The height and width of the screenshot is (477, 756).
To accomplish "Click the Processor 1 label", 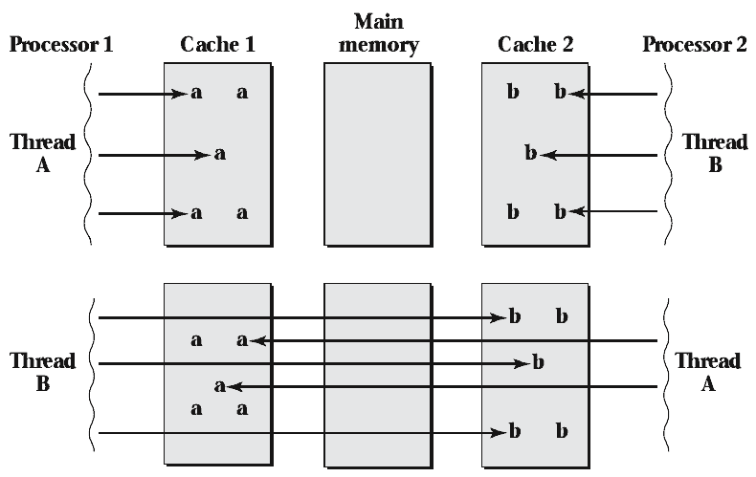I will click(x=60, y=45).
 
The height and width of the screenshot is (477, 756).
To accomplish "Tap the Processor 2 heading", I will click(x=694, y=45).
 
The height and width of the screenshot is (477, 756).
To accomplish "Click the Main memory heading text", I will click(x=378, y=33).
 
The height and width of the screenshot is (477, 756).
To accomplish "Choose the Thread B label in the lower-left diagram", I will click(x=42, y=373).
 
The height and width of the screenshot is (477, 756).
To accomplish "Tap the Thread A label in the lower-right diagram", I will click(x=707, y=373).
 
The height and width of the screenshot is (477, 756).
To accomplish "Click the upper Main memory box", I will click(x=378, y=153).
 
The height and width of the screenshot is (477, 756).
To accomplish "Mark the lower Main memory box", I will click(x=378, y=373).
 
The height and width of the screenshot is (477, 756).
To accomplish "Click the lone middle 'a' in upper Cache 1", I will click(x=220, y=153).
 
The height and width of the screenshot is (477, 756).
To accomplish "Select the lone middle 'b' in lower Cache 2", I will click(x=538, y=363).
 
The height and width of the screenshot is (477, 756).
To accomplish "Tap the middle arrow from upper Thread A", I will click(x=153, y=153).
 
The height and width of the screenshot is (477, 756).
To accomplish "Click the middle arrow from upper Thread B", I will click(x=598, y=153).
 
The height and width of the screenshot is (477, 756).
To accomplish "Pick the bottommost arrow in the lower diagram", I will click(x=297, y=433).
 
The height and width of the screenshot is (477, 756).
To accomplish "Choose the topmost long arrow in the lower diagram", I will click(x=297, y=317).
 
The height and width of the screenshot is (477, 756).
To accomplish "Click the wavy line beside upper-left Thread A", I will click(x=89, y=153).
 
